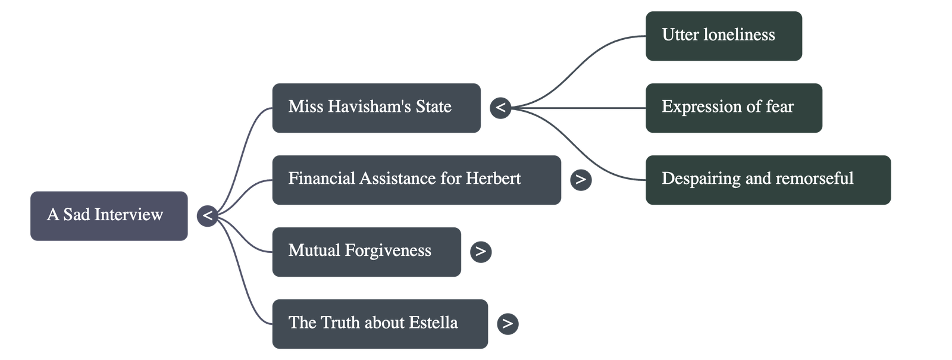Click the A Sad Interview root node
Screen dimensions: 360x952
(109, 215)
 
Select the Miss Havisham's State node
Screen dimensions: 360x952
(375, 108)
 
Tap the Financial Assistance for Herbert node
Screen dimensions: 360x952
(416, 180)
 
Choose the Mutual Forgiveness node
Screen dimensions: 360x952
(366, 251)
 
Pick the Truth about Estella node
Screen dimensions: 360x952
(380, 324)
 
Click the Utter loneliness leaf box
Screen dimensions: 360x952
(724, 36)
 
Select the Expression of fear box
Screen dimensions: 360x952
(734, 108)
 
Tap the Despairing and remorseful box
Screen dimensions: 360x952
(768, 180)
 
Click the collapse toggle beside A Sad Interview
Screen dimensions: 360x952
(207, 215)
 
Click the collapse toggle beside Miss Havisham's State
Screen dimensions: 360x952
(501, 108)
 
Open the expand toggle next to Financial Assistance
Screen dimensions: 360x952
(581, 180)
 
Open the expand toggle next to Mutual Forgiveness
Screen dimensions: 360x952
(481, 252)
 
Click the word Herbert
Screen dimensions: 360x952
(493, 179)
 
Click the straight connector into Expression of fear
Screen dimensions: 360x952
(583, 108)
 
